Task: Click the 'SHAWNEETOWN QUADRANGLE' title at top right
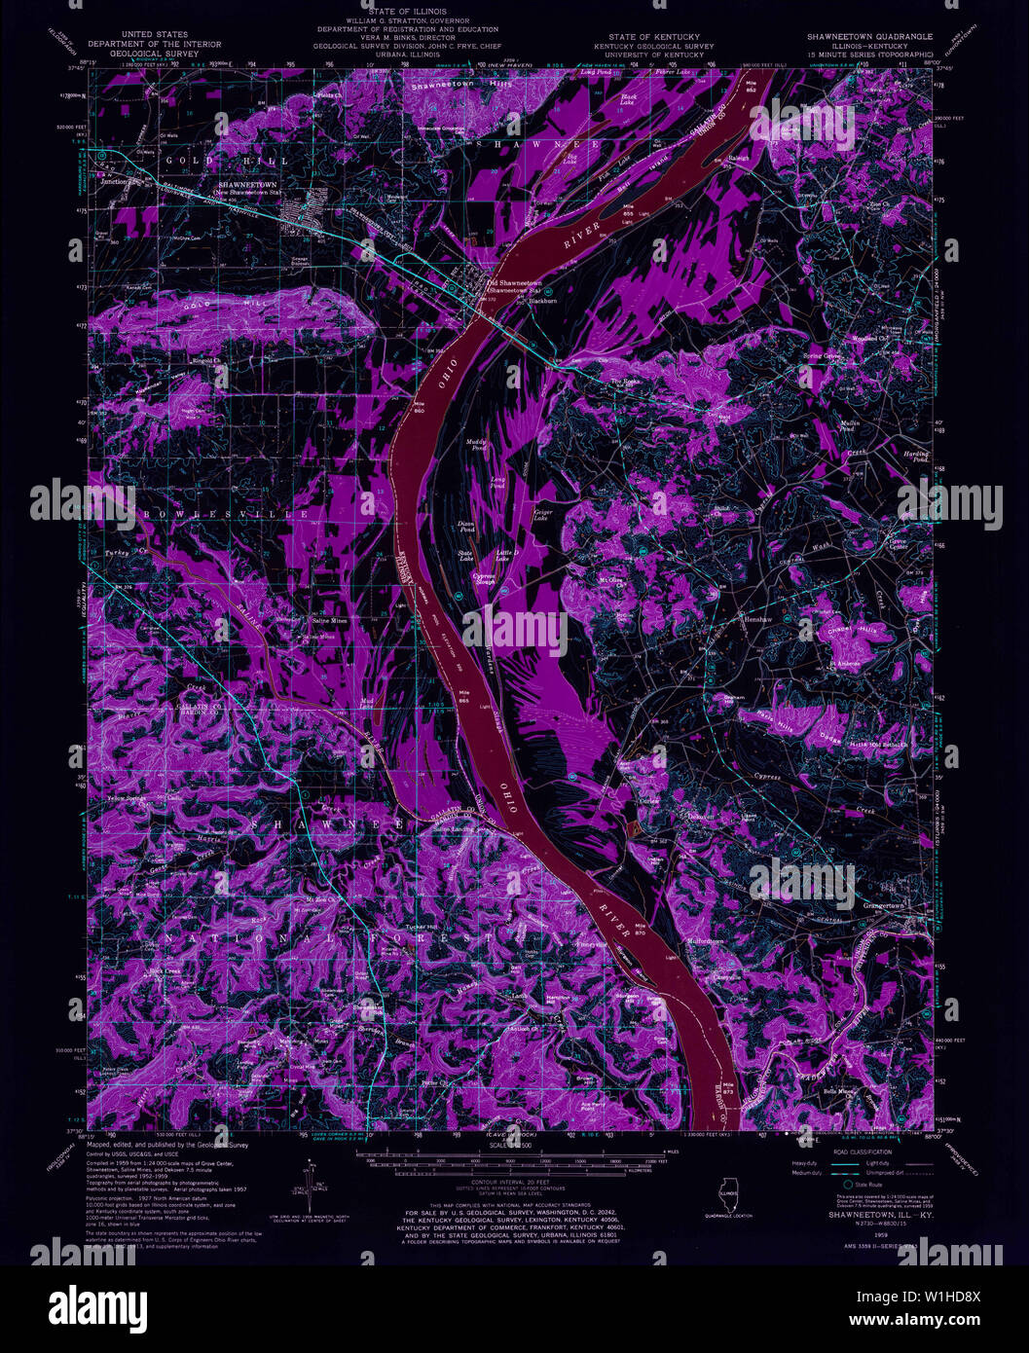tap(869, 36)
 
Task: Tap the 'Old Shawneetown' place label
tap(513, 283)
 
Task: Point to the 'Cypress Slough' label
tap(484, 579)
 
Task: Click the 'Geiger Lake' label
tap(541, 515)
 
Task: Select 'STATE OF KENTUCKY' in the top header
tap(653, 36)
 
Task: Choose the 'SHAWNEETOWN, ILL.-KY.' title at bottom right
tap(867, 1215)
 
